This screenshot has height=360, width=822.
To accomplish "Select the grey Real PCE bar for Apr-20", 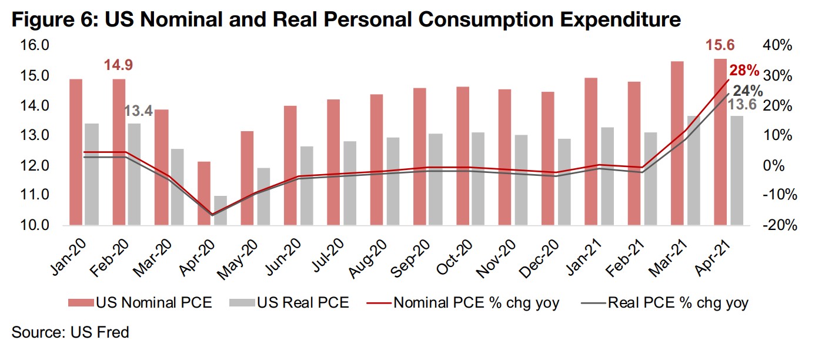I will click(220, 210).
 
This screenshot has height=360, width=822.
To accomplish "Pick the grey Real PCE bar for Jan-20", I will click(92, 174).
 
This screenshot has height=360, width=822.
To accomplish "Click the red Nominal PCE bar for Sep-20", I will click(420, 156).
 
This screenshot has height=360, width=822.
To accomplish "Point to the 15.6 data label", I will click(720, 45).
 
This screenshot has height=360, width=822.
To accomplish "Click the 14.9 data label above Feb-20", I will click(119, 65).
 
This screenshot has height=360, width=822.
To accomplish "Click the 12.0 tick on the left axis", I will click(36, 165).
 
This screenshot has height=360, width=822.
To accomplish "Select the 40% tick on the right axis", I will click(777, 46).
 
